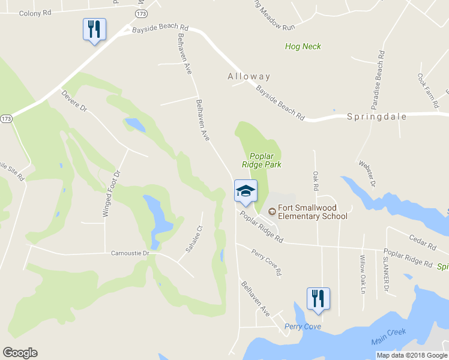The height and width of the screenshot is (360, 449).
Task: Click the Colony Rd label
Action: click(x=35, y=12)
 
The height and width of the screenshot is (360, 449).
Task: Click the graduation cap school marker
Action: click(x=245, y=191)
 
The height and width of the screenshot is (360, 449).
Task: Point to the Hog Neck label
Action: click(x=303, y=46)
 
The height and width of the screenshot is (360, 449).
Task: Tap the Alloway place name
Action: click(x=249, y=77)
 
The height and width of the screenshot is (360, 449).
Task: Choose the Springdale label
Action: click(x=377, y=117)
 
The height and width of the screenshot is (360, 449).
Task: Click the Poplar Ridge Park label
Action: click(x=262, y=160)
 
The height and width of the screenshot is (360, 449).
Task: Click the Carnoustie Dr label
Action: click(x=130, y=253)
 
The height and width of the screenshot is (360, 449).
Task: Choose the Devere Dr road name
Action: click(x=74, y=100)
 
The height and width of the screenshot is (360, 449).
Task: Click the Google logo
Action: click(x=20, y=353)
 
